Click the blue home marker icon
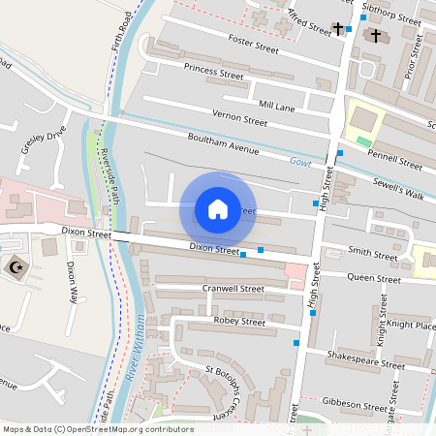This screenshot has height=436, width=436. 218,209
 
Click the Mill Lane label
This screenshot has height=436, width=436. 276,104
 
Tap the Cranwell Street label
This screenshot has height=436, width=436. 234,289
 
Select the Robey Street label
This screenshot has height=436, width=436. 239,321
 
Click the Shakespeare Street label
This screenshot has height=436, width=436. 365,365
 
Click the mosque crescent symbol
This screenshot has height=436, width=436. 15,265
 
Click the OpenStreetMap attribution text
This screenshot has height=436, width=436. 98,428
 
